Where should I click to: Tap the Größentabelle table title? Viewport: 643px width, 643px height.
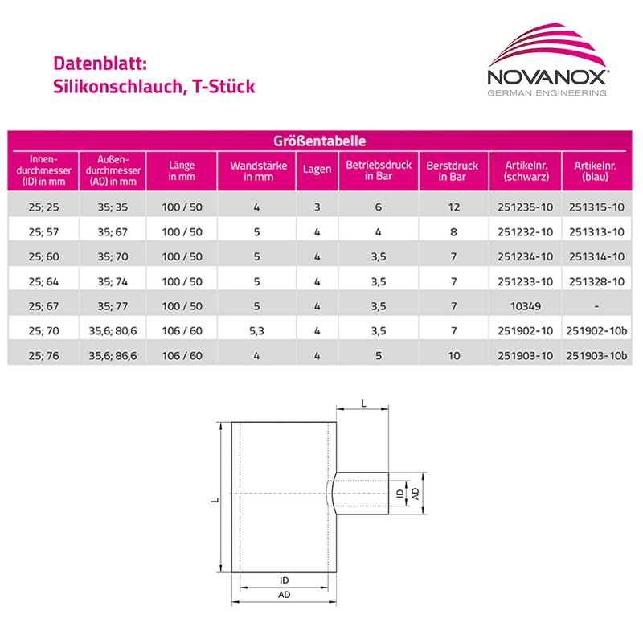point(321,141)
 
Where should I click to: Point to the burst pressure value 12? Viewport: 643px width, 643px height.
point(454,207)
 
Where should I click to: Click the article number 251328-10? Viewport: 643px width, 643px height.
point(596,282)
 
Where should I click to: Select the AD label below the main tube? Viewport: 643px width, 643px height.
point(285,595)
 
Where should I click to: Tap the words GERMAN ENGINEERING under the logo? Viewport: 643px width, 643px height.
point(548,93)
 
